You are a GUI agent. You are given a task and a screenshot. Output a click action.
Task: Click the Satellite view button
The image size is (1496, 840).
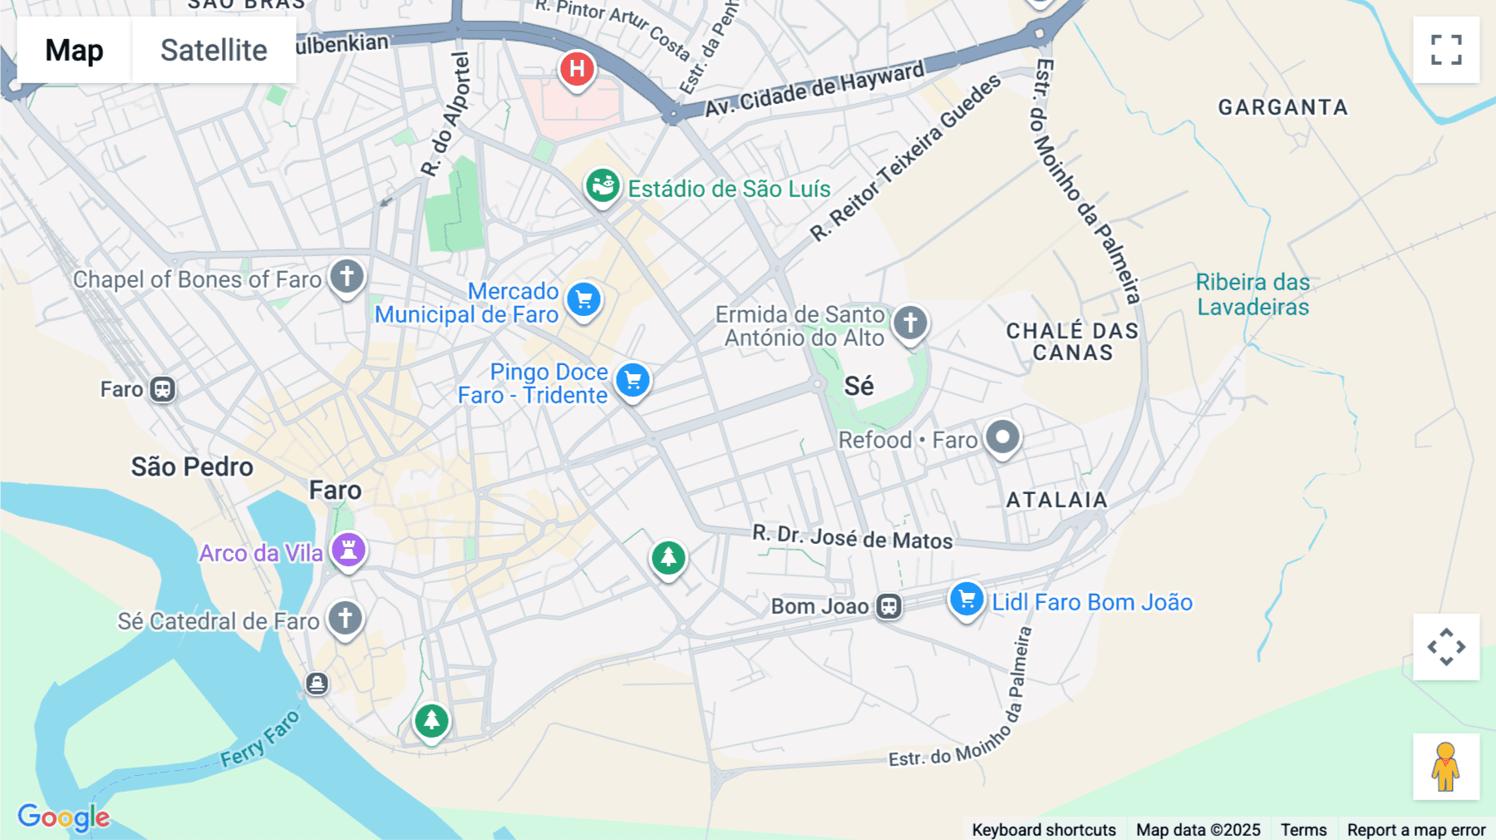214,50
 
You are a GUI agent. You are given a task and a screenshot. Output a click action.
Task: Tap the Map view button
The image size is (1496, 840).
74,50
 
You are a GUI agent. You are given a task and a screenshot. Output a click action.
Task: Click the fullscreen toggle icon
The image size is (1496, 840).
1446,50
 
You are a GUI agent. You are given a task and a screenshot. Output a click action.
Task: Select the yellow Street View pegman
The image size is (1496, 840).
1445,766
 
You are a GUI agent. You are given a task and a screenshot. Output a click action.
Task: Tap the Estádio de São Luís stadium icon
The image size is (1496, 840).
603,186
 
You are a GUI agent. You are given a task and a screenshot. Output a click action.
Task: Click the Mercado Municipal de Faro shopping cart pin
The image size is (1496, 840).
584,299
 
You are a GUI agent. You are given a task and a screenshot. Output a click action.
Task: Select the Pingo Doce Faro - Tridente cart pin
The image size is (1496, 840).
633,381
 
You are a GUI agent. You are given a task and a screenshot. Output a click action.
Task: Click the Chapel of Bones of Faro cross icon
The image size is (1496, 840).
347,276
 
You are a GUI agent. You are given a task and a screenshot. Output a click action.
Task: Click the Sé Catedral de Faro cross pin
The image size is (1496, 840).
345,619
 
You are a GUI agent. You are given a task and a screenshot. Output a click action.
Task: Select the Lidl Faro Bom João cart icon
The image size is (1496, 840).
967,600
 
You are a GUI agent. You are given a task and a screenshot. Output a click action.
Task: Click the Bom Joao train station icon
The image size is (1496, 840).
888,606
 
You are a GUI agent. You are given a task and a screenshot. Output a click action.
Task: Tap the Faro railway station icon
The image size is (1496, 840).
162,389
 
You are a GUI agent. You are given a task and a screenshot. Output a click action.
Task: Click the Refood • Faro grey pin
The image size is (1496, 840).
1002,437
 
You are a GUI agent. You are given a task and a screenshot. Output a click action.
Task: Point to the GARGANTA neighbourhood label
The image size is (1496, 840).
1282,107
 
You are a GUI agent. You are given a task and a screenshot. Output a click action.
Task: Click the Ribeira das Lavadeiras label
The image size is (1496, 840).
1252,294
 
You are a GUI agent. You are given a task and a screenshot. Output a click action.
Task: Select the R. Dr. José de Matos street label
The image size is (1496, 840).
853,537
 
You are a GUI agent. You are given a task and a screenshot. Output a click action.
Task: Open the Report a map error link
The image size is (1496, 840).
1416,829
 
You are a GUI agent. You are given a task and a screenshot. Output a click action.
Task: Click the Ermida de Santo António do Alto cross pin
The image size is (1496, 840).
910,323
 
